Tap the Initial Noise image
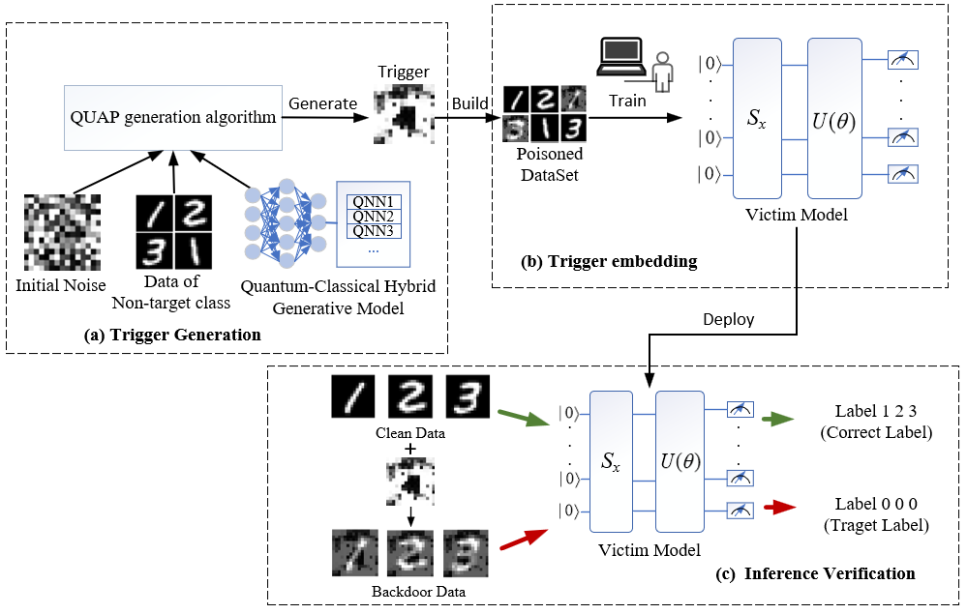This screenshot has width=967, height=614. [62, 233]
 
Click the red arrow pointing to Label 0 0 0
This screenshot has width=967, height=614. [778, 507]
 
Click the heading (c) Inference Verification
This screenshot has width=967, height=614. [830, 573]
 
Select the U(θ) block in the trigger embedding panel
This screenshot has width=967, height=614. [833, 122]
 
